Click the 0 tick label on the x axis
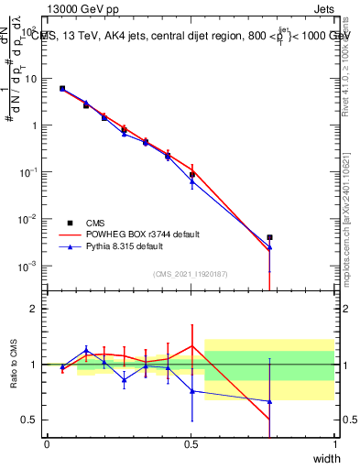coord(47,444)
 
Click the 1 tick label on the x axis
coord(334,444)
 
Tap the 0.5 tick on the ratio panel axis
coord(28,420)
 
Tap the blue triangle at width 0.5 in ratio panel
coord(191,391)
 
